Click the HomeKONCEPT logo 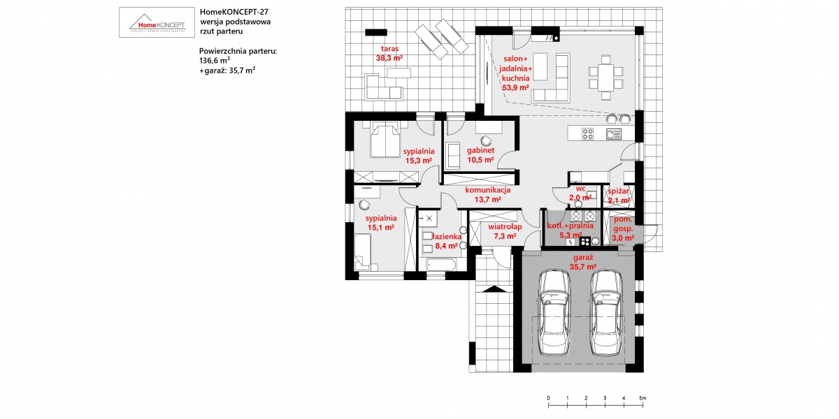pos(157,22)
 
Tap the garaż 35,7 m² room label pos(583,262)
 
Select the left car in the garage pos(554,312)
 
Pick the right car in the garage pos(606,312)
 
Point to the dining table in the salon pos(605,78)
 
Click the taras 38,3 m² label pos(389,53)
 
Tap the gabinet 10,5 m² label pos(480,155)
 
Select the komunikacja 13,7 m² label pos(488,195)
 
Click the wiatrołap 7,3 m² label pos(505,231)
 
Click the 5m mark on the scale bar pos(643,398)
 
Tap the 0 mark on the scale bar pos(548,398)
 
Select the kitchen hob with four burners pos(587,133)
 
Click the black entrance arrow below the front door pos(494,289)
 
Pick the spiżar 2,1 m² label pos(618,196)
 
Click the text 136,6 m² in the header pos(214,60)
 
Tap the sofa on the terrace pos(384,87)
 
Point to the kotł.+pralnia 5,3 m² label pos(571,230)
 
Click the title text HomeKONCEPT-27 pos(234,12)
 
